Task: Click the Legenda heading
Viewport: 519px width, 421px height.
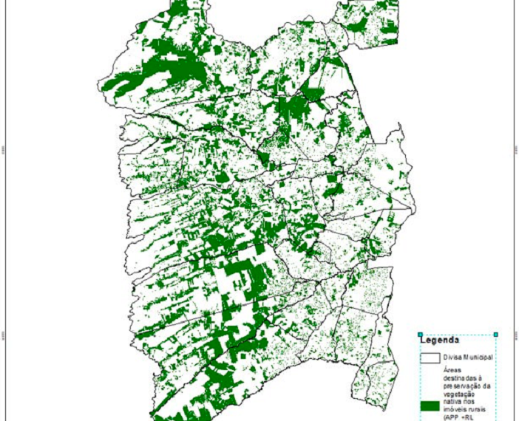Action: pyautogui.click(x=439, y=340)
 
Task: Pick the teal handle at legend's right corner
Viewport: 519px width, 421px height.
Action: pyautogui.click(x=495, y=335)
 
